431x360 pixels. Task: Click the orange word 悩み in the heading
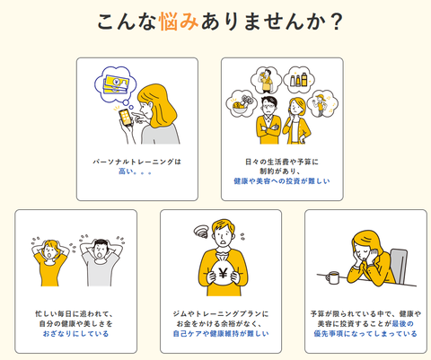click(x=179, y=22)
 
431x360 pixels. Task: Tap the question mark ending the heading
click(x=337, y=22)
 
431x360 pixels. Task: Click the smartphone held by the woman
click(x=126, y=118)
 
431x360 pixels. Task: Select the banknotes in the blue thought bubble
click(x=116, y=84)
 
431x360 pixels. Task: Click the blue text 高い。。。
click(x=136, y=171)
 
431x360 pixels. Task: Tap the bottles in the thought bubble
click(x=299, y=80)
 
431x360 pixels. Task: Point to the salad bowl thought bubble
click(x=242, y=104)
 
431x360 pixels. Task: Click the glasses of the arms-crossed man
click(x=269, y=105)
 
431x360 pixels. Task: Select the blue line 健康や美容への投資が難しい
click(x=282, y=181)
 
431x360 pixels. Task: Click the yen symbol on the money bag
click(x=223, y=273)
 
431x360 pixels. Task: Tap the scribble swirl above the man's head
click(x=201, y=232)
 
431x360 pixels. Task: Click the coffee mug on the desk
click(x=332, y=277)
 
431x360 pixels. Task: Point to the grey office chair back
click(x=399, y=265)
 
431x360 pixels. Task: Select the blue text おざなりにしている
click(x=75, y=333)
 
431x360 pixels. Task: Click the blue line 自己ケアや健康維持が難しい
click(x=221, y=333)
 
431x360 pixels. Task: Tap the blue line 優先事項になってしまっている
click(x=365, y=333)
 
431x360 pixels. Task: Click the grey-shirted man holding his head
click(x=101, y=260)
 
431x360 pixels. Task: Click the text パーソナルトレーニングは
click(x=137, y=162)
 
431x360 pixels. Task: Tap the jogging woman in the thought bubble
click(x=321, y=104)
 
